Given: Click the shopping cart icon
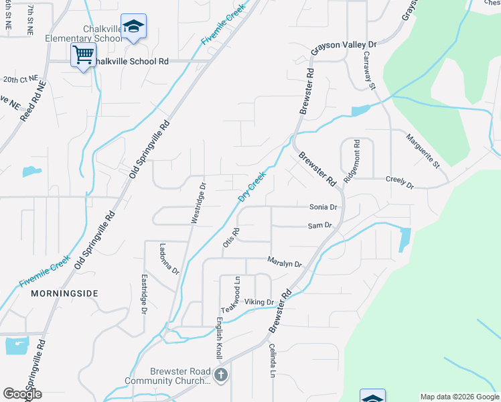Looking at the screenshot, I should [x=83, y=55].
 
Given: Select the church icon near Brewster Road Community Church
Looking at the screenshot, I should [x=221, y=375].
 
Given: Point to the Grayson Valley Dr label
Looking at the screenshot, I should [x=345, y=50].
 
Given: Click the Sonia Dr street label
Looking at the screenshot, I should [x=323, y=208].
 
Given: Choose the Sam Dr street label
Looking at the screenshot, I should [x=320, y=226].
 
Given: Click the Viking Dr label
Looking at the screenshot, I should [x=260, y=301].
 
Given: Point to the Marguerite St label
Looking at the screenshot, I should [x=422, y=150].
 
